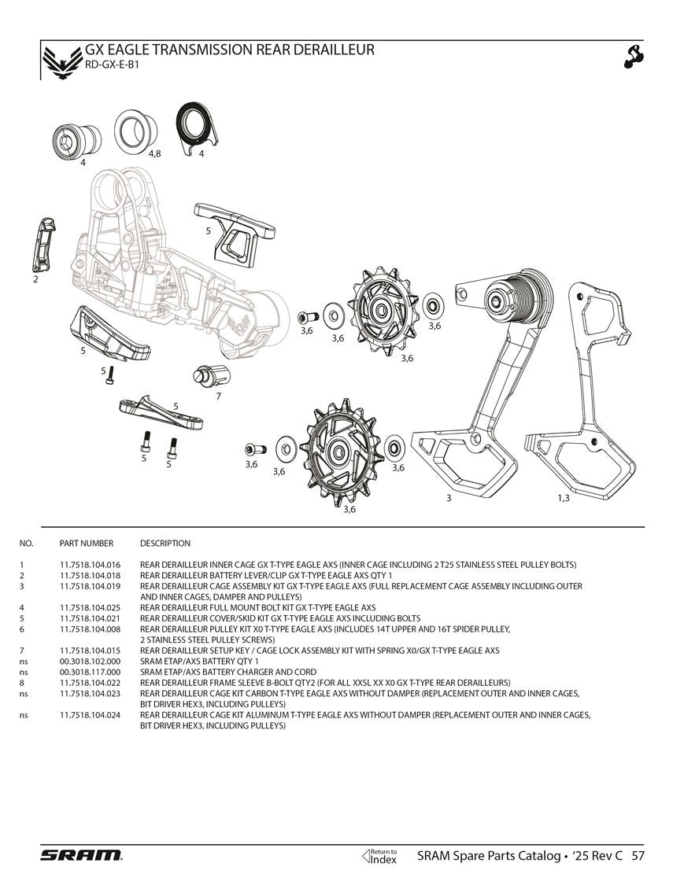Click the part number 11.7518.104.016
click(90, 565)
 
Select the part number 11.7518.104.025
click(90, 608)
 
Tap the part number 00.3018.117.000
click(90, 673)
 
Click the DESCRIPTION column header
click(165, 544)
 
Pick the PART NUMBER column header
click(87, 544)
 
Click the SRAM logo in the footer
click(81, 855)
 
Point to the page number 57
click(638, 856)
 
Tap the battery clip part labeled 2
click(44, 245)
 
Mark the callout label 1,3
click(563, 498)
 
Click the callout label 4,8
click(154, 153)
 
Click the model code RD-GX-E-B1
click(112, 65)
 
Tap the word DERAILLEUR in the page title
click(324, 50)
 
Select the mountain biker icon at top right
click(634, 56)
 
